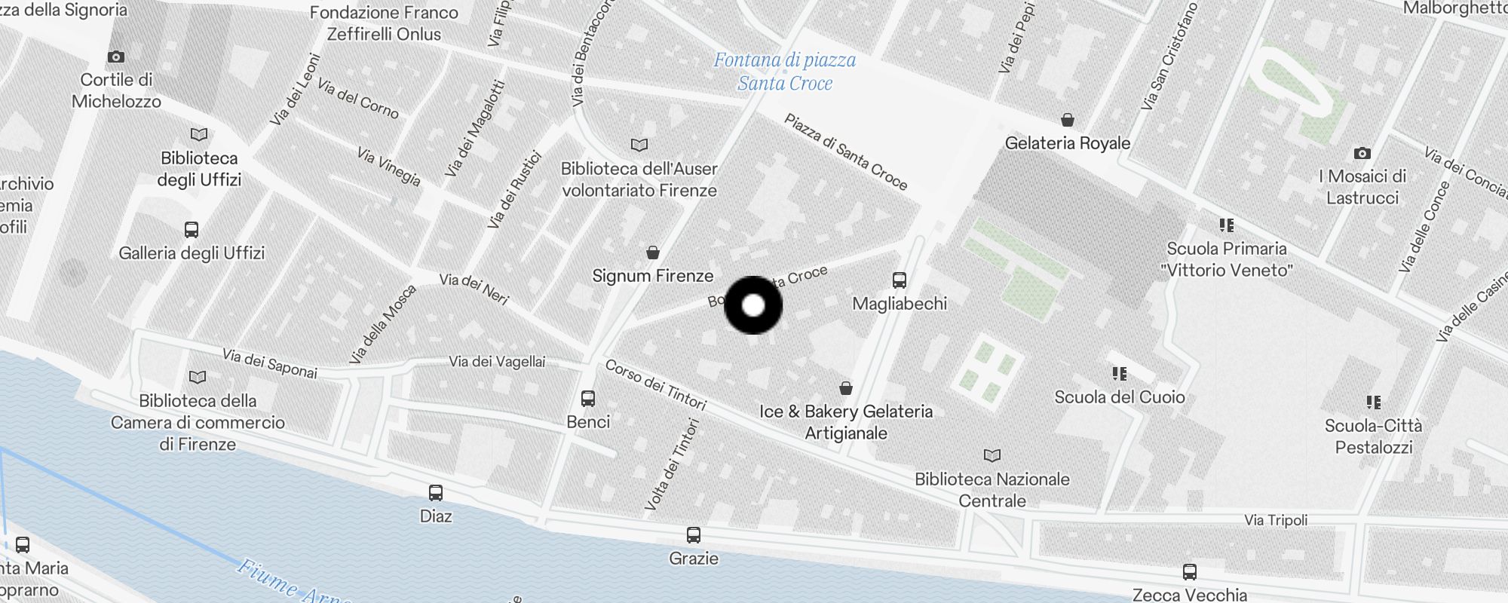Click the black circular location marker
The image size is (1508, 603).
pos(753,305)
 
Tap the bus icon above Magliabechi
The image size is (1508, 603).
pos(899,280)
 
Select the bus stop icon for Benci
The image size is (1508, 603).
pos(588,399)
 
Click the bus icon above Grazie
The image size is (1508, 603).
pos(694,535)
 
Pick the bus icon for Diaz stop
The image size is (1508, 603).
pos(436,493)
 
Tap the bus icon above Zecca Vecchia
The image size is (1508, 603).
pos(1189,571)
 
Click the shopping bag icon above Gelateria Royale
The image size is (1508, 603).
pos(1067,120)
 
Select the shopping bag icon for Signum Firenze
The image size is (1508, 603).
pos(653,253)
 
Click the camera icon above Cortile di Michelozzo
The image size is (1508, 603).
pos(116,57)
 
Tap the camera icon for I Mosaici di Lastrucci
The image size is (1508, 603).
pos(1362,153)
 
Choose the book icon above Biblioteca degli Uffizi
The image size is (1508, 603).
pos(199,135)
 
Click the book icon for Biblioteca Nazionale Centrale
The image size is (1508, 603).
pos(992,455)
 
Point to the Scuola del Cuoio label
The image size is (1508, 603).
pos(1120,397)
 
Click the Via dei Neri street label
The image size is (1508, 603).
pos(474,289)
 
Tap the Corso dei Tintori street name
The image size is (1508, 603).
pos(656,384)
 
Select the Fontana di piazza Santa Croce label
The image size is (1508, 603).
pos(785,72)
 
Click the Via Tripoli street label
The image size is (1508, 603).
pos(1276,520)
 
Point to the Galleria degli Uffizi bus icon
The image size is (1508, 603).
pos(192,230)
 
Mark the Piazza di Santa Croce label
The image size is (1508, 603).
pos(846,152)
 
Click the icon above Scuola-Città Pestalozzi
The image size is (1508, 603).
pos(1374,403)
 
